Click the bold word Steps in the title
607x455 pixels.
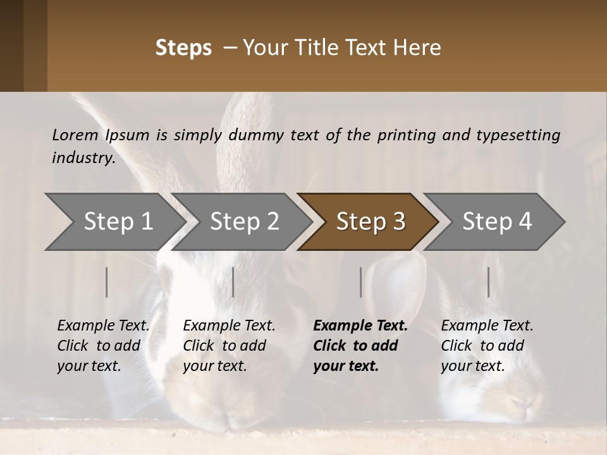183,47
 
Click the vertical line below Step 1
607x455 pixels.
107,282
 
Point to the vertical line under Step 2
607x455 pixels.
233,282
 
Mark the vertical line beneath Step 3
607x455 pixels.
361,282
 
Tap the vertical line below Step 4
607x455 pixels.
489,282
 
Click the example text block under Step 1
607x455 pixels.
103,346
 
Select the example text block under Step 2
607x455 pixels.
229,346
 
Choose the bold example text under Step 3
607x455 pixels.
360,346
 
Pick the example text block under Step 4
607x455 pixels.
487,346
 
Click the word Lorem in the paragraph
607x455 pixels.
75,135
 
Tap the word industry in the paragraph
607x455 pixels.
83,158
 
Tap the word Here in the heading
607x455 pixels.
417,47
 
